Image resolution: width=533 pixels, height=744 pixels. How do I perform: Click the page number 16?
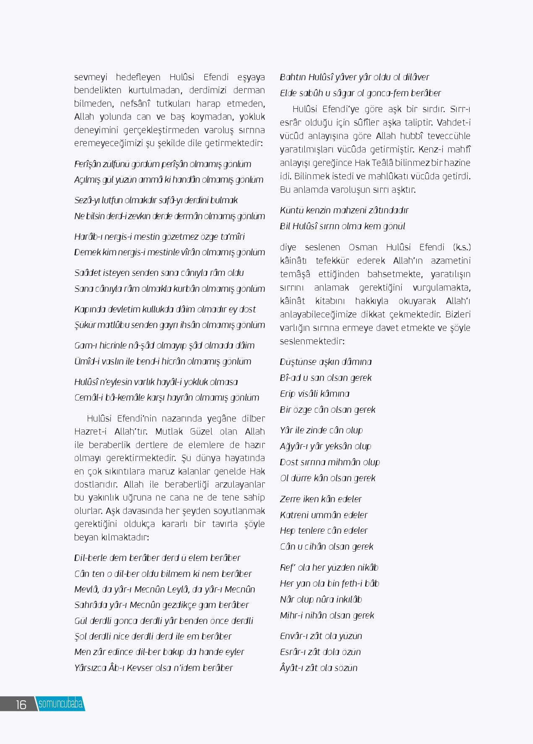[x=21, y=705]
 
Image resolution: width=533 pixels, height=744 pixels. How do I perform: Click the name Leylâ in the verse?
[x=170, y=589]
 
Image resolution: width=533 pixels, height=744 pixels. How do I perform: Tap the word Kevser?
[x=143, y=668]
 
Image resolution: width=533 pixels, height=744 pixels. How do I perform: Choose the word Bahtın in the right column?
[x=293, y=77]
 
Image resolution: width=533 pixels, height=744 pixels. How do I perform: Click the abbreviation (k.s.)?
[x=462, y=247]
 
